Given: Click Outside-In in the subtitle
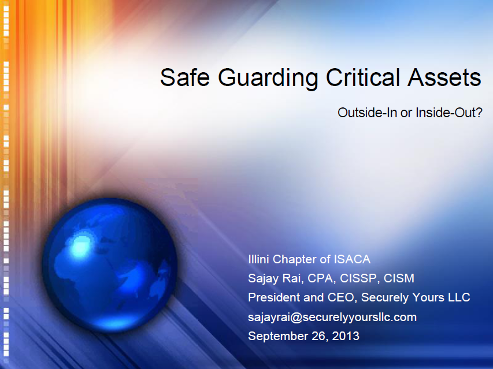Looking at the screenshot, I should (x=367, y=113).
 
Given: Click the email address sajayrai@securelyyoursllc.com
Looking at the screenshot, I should (x=332, y=316).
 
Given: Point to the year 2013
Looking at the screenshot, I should (x=345, y=336).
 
